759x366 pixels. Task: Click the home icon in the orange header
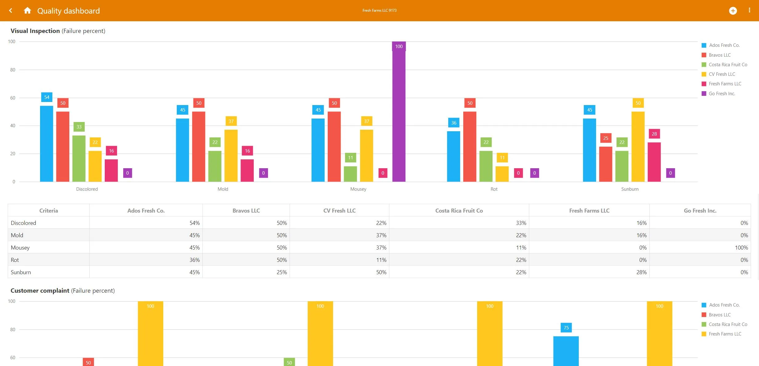tap(27, 10)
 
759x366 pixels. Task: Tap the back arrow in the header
tap(11, 10)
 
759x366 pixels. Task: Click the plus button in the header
tap(733, 11)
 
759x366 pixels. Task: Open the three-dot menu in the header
tap(749, 10)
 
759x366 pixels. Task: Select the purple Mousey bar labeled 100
tap(399, 112)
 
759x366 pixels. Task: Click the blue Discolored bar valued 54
tap(47, 144)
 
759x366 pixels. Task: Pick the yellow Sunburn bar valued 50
tap(638, 147)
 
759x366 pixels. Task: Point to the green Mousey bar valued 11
tap(350, 174)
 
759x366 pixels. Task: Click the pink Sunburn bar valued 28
tap(654, 162)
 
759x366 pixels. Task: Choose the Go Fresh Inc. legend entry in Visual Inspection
tap(718, 94)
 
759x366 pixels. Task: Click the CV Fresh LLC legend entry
tap(718, 74)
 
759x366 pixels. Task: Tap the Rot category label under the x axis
tap(494, 189)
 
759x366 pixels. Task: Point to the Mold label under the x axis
tap(223, 189)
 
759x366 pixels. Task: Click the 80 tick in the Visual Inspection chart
tap(13, 70)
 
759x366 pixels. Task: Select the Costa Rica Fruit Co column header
tap(459, 211)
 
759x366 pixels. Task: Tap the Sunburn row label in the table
tap(21, 272)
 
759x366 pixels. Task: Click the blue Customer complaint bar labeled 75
tap(566, 351)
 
